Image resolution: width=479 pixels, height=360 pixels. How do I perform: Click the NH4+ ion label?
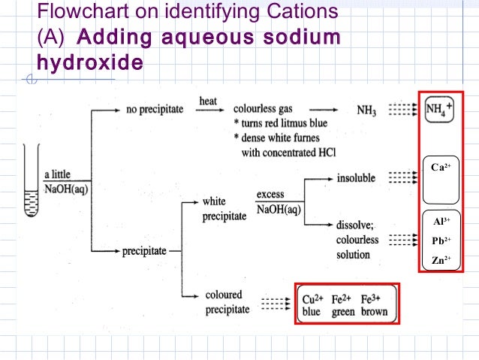439,110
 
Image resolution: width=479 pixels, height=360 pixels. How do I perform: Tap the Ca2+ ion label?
440,167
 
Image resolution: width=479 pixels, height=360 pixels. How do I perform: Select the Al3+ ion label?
441,222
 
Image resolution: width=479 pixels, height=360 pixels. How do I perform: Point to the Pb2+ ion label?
441,241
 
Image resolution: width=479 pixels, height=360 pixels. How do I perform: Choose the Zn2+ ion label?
441,261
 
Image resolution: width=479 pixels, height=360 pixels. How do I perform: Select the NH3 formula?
366,111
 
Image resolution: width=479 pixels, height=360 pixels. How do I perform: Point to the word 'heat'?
208,101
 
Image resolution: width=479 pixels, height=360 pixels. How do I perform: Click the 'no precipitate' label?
155,110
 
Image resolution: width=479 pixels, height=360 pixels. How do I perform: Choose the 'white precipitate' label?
224,209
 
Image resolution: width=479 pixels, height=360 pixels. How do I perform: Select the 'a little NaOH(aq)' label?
66,182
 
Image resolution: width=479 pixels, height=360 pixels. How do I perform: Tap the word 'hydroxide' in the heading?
84,63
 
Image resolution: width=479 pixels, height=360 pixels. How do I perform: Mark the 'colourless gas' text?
268,110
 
